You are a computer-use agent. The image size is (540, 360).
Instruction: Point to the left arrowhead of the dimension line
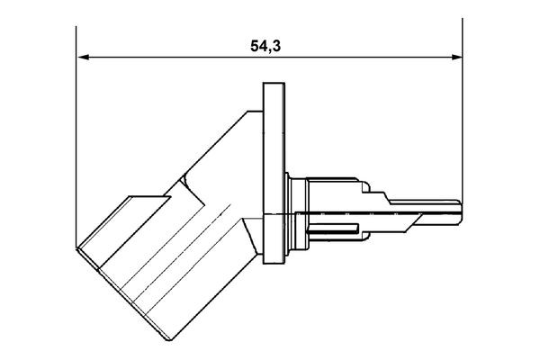coord(83,58)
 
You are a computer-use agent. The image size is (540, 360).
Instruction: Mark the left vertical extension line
coord(76,135)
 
